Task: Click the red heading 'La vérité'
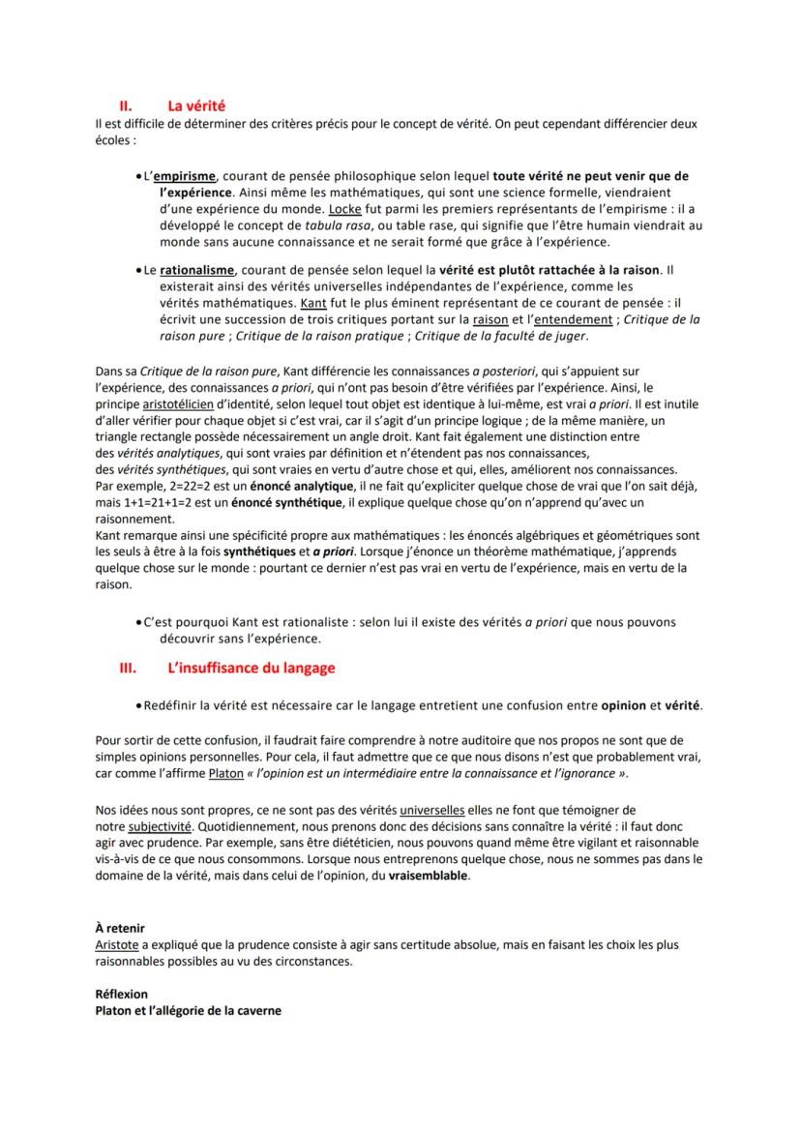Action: (196, 106)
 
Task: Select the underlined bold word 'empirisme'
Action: (184, 177)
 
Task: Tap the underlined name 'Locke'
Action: (343, 209)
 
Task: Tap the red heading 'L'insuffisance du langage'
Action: (251, 668)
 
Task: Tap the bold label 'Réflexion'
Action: (122, 995)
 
